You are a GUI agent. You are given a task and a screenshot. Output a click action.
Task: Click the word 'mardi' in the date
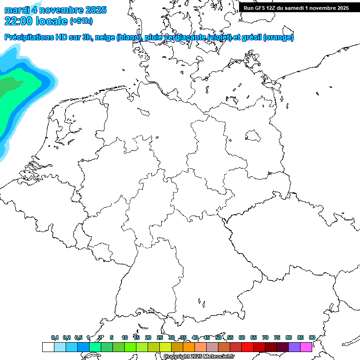pos(16,10)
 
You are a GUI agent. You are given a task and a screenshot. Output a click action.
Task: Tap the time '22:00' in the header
pos(18,21)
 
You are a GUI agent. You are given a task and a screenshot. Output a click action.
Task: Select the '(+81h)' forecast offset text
pos(81,21)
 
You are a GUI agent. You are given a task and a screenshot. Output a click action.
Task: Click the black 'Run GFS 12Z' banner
pos(296,8)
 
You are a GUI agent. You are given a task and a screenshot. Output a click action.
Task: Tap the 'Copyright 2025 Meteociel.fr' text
pos(199,357)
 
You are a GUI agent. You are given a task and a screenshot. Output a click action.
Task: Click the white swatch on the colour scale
pos(48,347)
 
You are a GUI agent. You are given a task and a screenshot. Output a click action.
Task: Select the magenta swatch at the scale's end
pos(306,347)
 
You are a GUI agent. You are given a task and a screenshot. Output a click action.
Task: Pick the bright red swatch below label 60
pos(247,347)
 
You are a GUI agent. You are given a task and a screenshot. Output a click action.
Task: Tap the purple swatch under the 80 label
pos(294,347)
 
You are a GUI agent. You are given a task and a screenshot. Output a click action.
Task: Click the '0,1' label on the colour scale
pos(55,338)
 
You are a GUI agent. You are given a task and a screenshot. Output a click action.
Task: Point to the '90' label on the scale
pos(312,338)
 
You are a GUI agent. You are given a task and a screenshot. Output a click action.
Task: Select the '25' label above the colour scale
pos(160,338)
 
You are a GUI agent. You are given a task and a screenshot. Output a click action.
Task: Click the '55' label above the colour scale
pos(230,338)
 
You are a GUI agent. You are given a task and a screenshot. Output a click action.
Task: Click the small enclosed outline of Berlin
pos(253,136)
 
